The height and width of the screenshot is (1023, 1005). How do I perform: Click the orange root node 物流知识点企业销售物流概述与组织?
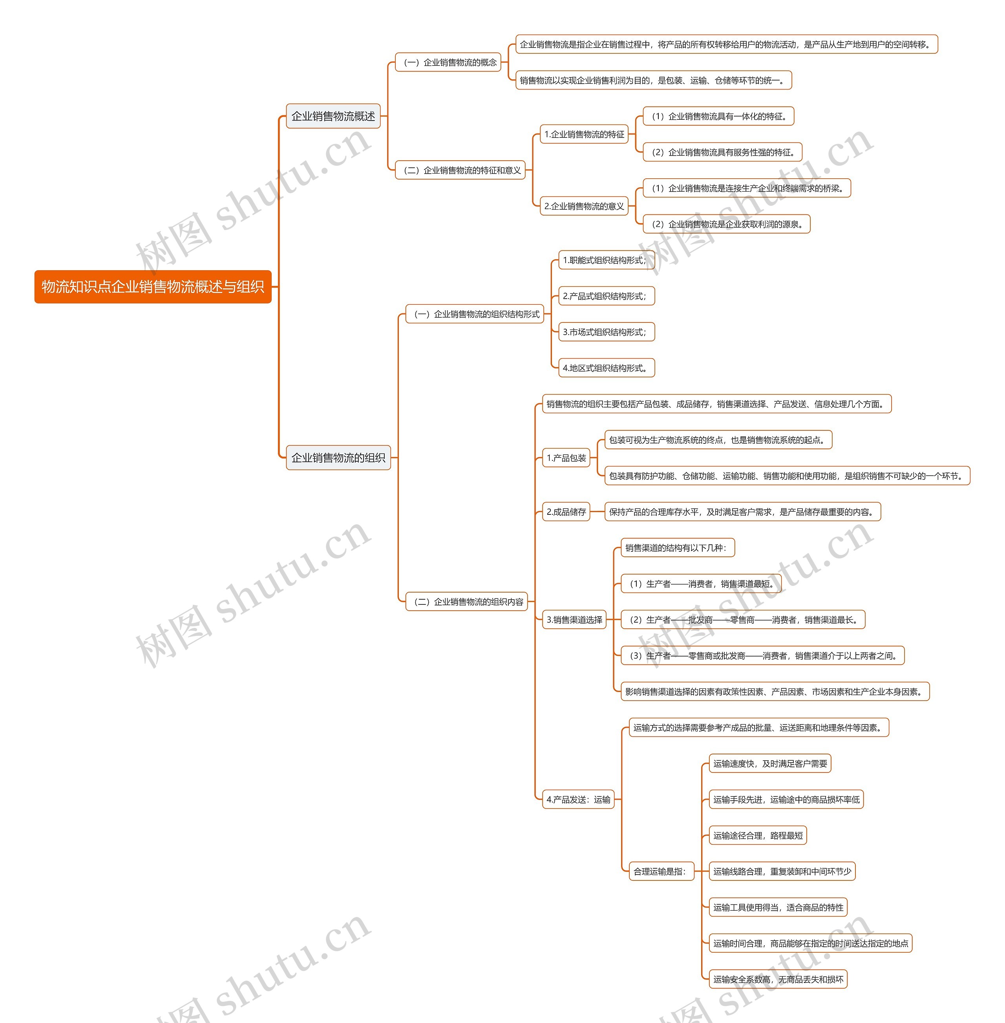pos(153,287)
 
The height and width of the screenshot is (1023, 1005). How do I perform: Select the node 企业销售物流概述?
pos(333,116)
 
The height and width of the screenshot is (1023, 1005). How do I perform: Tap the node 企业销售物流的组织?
pos(338,458)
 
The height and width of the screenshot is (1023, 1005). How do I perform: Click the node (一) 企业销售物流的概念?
pos(448,62)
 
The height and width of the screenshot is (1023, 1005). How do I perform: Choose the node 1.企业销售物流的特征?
pos(584,134)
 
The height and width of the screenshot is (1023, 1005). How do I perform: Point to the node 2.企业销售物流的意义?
pos(584,206)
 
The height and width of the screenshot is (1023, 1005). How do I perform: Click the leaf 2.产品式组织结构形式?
pos(606,296)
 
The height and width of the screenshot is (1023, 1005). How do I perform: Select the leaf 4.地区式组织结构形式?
pos(606,368)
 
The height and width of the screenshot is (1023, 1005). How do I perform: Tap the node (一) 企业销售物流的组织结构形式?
pos(475,314)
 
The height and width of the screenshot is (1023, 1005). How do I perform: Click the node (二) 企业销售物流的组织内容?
pos(467,602)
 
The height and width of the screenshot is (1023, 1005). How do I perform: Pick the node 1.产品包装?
pos(566,458)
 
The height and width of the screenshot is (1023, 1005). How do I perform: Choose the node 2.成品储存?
pos(566,512)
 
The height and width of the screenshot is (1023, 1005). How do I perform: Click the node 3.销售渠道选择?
pos(574,620)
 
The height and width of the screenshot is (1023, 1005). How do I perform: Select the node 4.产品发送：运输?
pos(579,800)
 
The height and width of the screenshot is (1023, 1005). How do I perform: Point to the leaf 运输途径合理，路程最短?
pos(758,836)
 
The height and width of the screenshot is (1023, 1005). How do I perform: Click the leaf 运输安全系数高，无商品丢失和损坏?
pos(778,979)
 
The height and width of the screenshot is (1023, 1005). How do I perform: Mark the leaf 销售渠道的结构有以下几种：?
pos(678,548)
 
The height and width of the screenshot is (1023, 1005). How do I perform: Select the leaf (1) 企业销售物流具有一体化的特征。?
pos(719,116)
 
